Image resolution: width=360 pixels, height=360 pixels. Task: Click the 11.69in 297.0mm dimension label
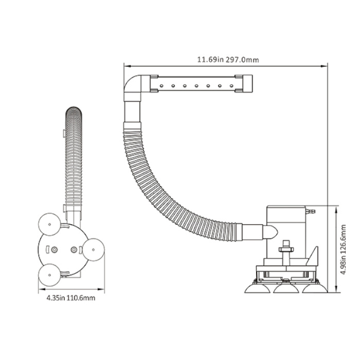228,60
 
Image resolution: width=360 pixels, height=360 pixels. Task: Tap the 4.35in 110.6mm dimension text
71,298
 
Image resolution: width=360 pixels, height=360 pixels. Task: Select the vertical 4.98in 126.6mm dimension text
343,249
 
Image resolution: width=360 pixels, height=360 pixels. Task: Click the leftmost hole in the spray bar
161,86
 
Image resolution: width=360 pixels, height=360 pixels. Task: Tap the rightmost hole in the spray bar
231,86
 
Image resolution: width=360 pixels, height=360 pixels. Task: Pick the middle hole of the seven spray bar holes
196,86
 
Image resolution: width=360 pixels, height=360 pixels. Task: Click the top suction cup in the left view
49,224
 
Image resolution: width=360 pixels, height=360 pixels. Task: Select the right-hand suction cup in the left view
93,249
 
